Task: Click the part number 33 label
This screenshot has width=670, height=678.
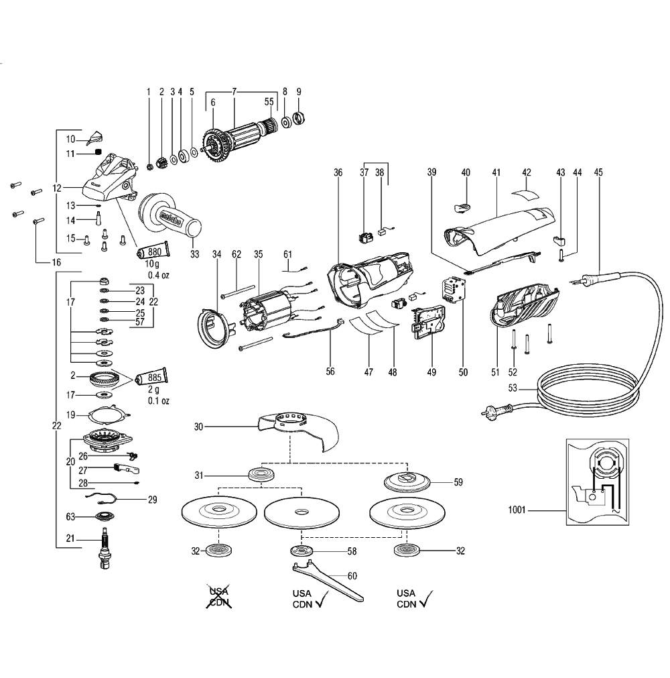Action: [x=195, y=254]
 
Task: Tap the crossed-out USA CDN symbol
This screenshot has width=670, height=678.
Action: [x=219, y=598]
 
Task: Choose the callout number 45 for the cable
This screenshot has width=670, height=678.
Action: [x=598, y=172]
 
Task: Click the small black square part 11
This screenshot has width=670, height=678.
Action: [x=99, y=153]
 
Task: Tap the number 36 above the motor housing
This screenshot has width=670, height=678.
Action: [x=338, y=172]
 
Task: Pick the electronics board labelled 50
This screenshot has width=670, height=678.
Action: [x=454, y=290]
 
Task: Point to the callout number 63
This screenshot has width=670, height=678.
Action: [x=69, y=516]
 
